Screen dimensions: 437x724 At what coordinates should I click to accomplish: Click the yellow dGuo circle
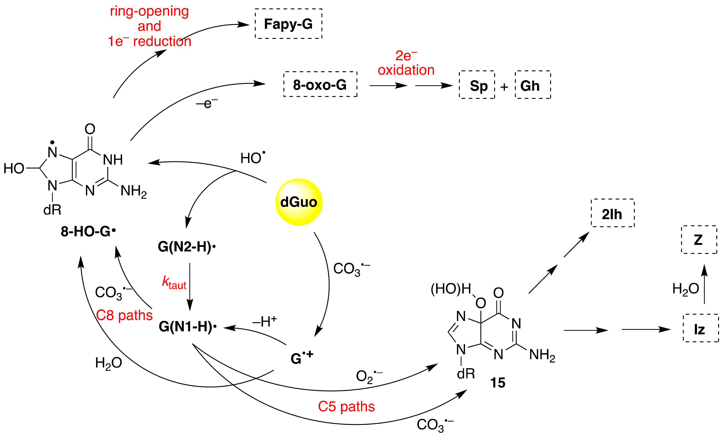click(x=299, y=202)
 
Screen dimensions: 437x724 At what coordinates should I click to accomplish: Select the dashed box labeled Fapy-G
click(x=288, y=24)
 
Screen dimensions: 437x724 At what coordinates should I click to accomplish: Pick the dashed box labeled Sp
click(x=477, y=85)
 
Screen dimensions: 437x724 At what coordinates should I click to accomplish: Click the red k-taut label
click(x=174, y=283)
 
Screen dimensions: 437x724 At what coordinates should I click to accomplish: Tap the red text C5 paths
click(x=346, y=406)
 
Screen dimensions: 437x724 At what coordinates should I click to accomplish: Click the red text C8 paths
click(x=124, y=315)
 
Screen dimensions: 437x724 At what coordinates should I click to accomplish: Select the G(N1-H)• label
click(x=187, y=326)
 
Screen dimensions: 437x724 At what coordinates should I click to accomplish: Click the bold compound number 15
click(x=497, y=383)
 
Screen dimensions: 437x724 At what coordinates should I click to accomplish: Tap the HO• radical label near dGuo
click(x=253, y=158)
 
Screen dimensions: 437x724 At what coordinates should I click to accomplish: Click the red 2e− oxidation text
click(x=406, y=63)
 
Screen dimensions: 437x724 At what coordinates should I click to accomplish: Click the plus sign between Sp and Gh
click(x=504, y=87)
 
